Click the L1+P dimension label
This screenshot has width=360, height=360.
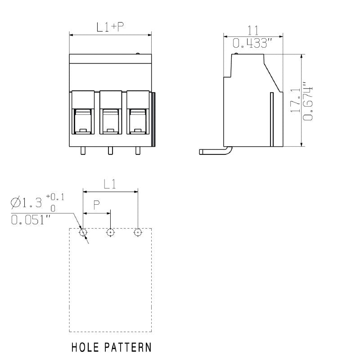pos(110,27)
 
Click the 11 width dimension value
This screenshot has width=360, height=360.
pos(253,30)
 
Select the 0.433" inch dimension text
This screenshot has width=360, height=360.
pos(253,44)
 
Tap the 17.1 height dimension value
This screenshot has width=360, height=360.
pos(295,100)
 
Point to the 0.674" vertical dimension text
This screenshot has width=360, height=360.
pos(308,101)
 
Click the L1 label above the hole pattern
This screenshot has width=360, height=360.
pos(110,184)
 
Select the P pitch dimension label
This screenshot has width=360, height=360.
pos(97,205)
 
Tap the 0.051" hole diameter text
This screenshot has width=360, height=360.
pos(31,220)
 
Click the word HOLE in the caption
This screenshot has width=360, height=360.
pos(86,347)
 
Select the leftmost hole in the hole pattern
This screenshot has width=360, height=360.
pos(83,232)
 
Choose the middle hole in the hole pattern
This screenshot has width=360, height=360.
pos(110,232)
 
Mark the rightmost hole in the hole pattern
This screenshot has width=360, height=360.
pos(138,232)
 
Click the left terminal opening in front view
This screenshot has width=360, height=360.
pos(83,121)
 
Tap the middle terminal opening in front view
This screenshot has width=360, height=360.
pos(110,121)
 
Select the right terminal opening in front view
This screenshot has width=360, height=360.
pos(138,121)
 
